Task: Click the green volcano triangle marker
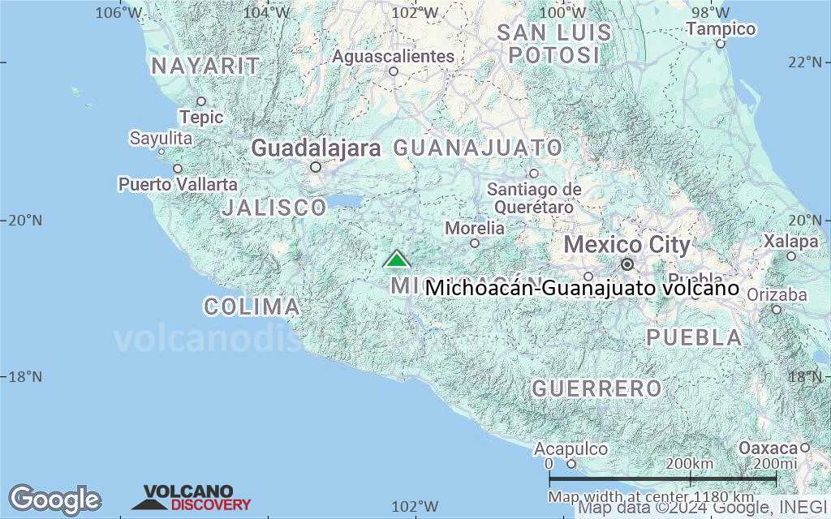pyautogui.click(x=396, y=259)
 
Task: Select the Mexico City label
pyautogui.click(x=626, y=245)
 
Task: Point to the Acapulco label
pyautogui.click(x=571, y=448)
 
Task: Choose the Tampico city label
pyautogui.click(x=721, y=29)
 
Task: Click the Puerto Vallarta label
pyautogui.click(x=178, y=184)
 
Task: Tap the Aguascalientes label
pyautogui.click(x=394, y=57)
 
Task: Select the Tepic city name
pyautogui.click(x=201, y=117)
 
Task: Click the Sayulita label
pyautogui.click(x=161, y=139)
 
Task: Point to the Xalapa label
pyautogui.click(x=790, y=242)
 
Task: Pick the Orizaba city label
pyautogui.click(x=776, y=294)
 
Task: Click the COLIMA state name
pyautogui.click(x=252, y=307)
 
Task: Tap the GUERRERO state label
pyautogui.click(x=596, y=389)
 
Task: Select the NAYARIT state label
pyautogui.click(x=205, y=66)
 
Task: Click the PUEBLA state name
pyautogui.click(x=694, y=337)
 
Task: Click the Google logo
pyautogui.click(x=54, y=500)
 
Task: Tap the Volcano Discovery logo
pyautogui.click(x=192, y=498)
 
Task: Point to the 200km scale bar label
pyautogui.click(x=689, y=463)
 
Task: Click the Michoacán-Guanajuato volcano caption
pyautogui.click(x=582, y=288)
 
